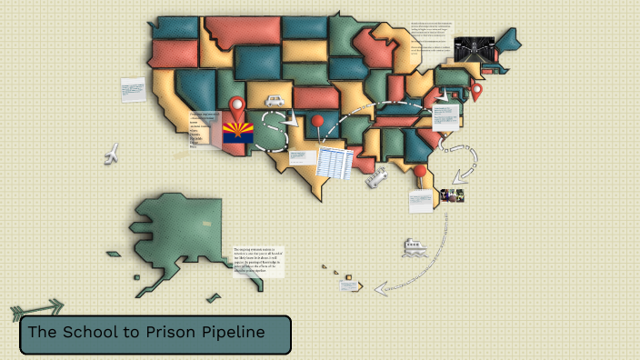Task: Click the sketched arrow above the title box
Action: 38,309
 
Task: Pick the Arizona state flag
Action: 238,133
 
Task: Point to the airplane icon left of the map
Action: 113,154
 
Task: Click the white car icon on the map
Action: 275,102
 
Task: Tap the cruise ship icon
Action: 414,246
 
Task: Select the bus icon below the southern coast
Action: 375,179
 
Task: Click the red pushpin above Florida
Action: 420,170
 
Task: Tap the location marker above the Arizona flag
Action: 237,105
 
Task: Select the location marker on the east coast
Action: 475,92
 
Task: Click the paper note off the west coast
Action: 133,90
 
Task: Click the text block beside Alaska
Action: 259,261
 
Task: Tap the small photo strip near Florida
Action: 453,195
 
